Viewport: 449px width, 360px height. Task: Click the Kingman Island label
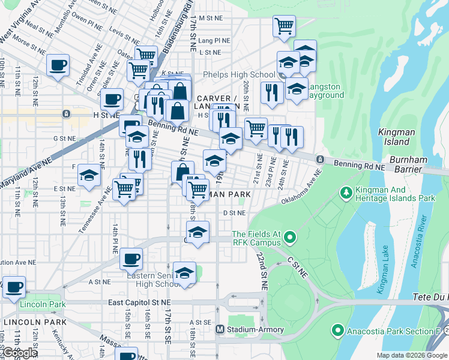point(393,137)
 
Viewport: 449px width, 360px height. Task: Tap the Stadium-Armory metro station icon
point(220,329)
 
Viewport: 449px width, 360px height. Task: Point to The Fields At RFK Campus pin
point(290,238)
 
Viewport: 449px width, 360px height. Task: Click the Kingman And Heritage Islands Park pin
point(346,193)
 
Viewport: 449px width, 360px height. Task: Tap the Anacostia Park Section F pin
point(337,331)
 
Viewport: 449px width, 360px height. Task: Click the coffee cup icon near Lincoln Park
point(14,286)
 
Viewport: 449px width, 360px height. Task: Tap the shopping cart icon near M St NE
point(284,26)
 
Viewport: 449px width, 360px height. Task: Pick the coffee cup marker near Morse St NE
point(58,65)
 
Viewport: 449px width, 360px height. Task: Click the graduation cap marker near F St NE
point(89,175)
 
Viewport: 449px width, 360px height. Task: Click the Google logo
point(20,353)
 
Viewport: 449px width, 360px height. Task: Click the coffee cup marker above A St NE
point(130,259)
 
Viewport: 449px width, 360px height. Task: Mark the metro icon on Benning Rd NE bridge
point(321,159)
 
